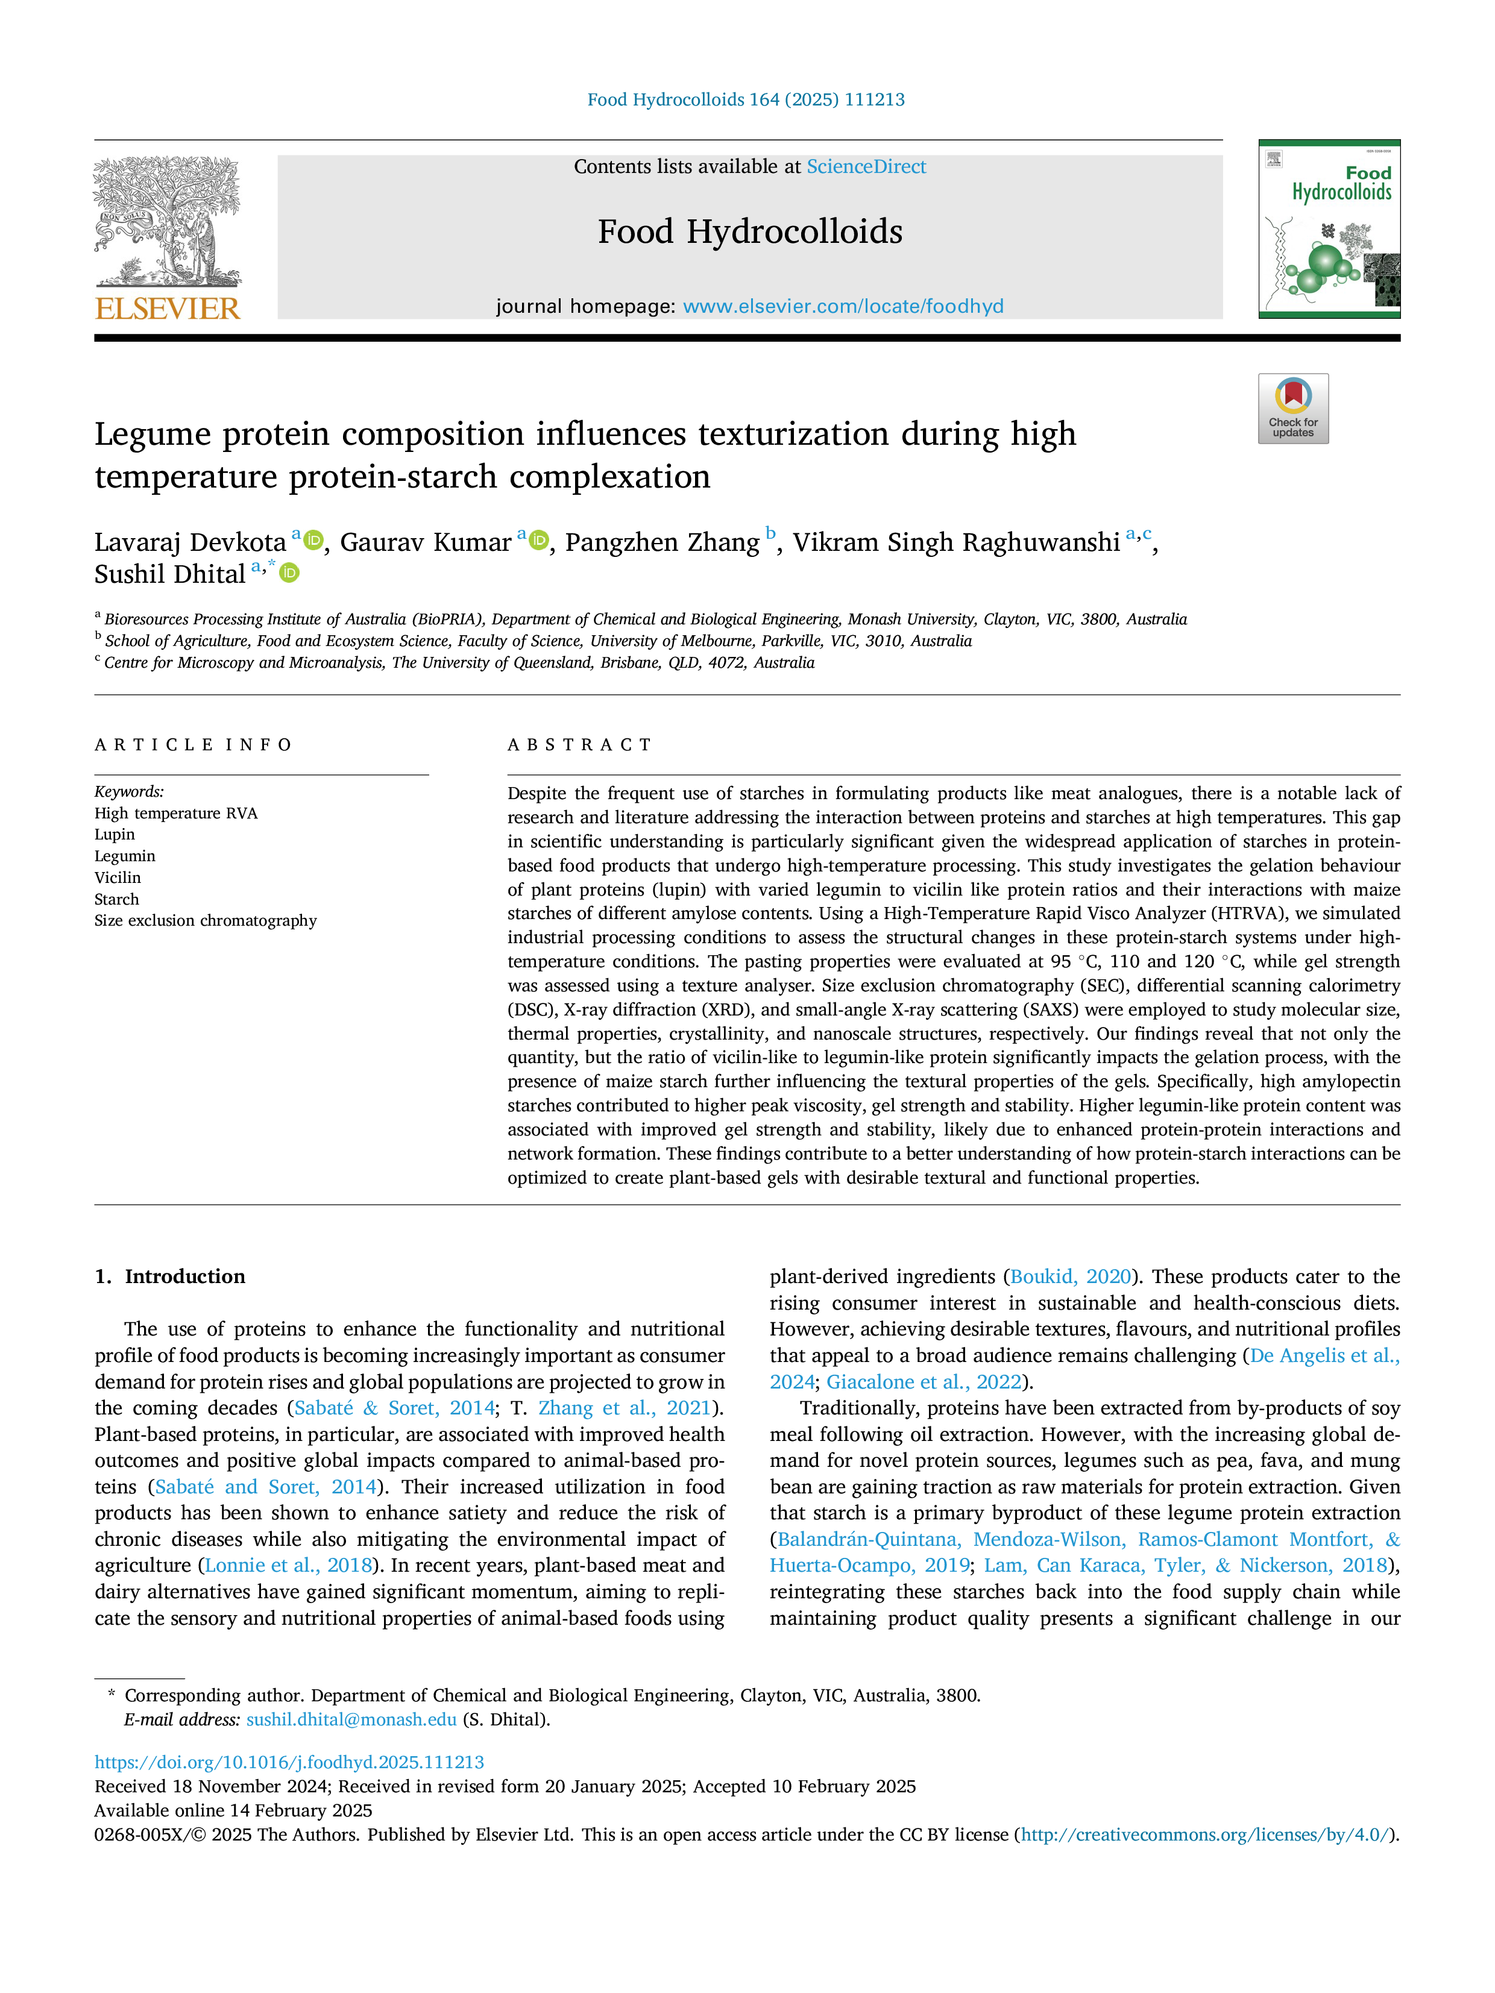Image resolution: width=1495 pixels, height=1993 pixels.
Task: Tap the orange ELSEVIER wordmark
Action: click(x=168, y=309)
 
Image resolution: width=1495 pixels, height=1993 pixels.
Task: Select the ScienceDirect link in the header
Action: click(x=866, y=167)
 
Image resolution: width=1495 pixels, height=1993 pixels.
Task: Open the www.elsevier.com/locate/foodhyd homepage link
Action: click(x=843, y=306)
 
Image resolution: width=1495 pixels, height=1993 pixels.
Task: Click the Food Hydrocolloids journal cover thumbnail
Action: click(x=1329, y=229)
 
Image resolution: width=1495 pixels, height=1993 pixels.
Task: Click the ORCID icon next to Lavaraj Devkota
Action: click(x=313, y=541)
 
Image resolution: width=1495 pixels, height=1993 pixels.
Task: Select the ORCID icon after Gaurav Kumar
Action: click(x=539, y=541)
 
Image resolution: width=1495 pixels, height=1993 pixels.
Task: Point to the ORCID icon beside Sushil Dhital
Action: click(x=289, y=573)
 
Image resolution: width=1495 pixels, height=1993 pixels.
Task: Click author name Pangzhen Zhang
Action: click(x=663, y=542)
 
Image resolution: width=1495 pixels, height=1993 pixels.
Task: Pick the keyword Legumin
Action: click(x=125, y=856)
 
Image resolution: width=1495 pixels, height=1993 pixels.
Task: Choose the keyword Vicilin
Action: click(x=118, y=877)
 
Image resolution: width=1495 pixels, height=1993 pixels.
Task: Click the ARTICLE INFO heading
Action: click(x=194, y=745)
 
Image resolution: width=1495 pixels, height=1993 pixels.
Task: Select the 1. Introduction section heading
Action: click(x=171, y=1276)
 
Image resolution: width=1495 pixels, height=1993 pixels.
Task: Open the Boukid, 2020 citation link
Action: click(x=1071, y=1276)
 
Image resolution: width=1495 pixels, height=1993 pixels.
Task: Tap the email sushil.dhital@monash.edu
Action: click(x=351, y=1719)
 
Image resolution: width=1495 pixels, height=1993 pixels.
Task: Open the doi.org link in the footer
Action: click(x=289, y=1762)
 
